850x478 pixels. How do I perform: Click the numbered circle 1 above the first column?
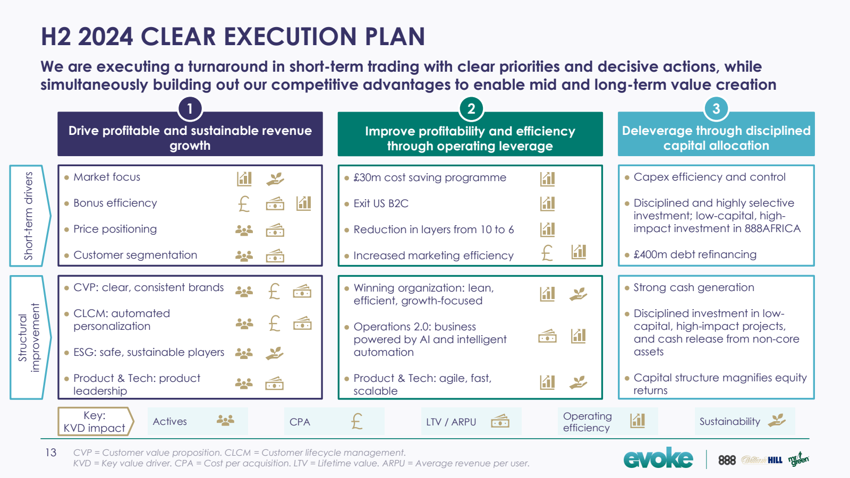tap(190, 109)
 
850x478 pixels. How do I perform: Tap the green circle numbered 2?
tap(471, 109)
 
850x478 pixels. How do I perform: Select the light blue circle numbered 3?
tap(716, 109)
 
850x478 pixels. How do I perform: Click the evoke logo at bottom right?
tap(658, 458)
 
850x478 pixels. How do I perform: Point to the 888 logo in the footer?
tap(727, 460)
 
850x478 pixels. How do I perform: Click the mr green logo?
tap(799, 459)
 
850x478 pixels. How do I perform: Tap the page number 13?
tap(50, 453)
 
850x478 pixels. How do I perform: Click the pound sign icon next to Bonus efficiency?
tap(244, 204)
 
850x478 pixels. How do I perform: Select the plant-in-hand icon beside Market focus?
tap(275, 178)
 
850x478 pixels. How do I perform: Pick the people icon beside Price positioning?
tap(244, 231)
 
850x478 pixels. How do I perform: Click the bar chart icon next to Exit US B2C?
tap(547, 204)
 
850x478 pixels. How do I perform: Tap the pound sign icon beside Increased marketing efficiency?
tap(547, 253)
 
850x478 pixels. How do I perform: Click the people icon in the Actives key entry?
tap(225, 420)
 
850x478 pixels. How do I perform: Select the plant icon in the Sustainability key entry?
tap(776, 420)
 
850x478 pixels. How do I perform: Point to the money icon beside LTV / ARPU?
tap(500, 421)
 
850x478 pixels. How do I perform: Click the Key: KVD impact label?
tap(95, 422)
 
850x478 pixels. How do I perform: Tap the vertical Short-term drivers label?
tap(29, 216)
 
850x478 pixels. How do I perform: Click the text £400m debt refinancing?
tap(695, 254)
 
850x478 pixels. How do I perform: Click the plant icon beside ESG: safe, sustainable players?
tap(274, 353)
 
